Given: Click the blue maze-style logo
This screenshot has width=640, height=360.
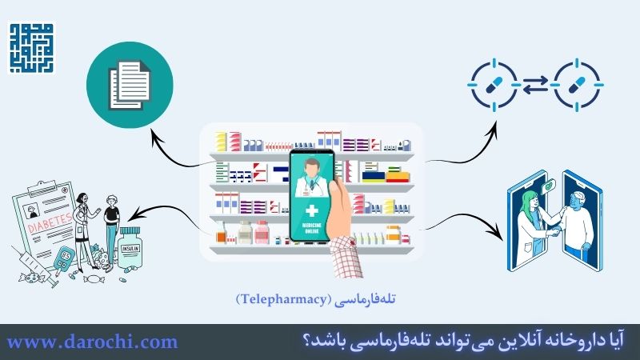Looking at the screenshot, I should click(31, 48).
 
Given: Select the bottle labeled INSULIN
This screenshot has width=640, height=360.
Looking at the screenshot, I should click(130, 249).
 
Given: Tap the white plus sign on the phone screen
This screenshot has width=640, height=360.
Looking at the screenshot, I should click(314, 211).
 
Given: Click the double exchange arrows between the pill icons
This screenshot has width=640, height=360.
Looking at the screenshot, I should click(535, 82).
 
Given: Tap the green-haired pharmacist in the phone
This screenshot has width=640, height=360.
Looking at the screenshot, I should click(530, 220).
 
